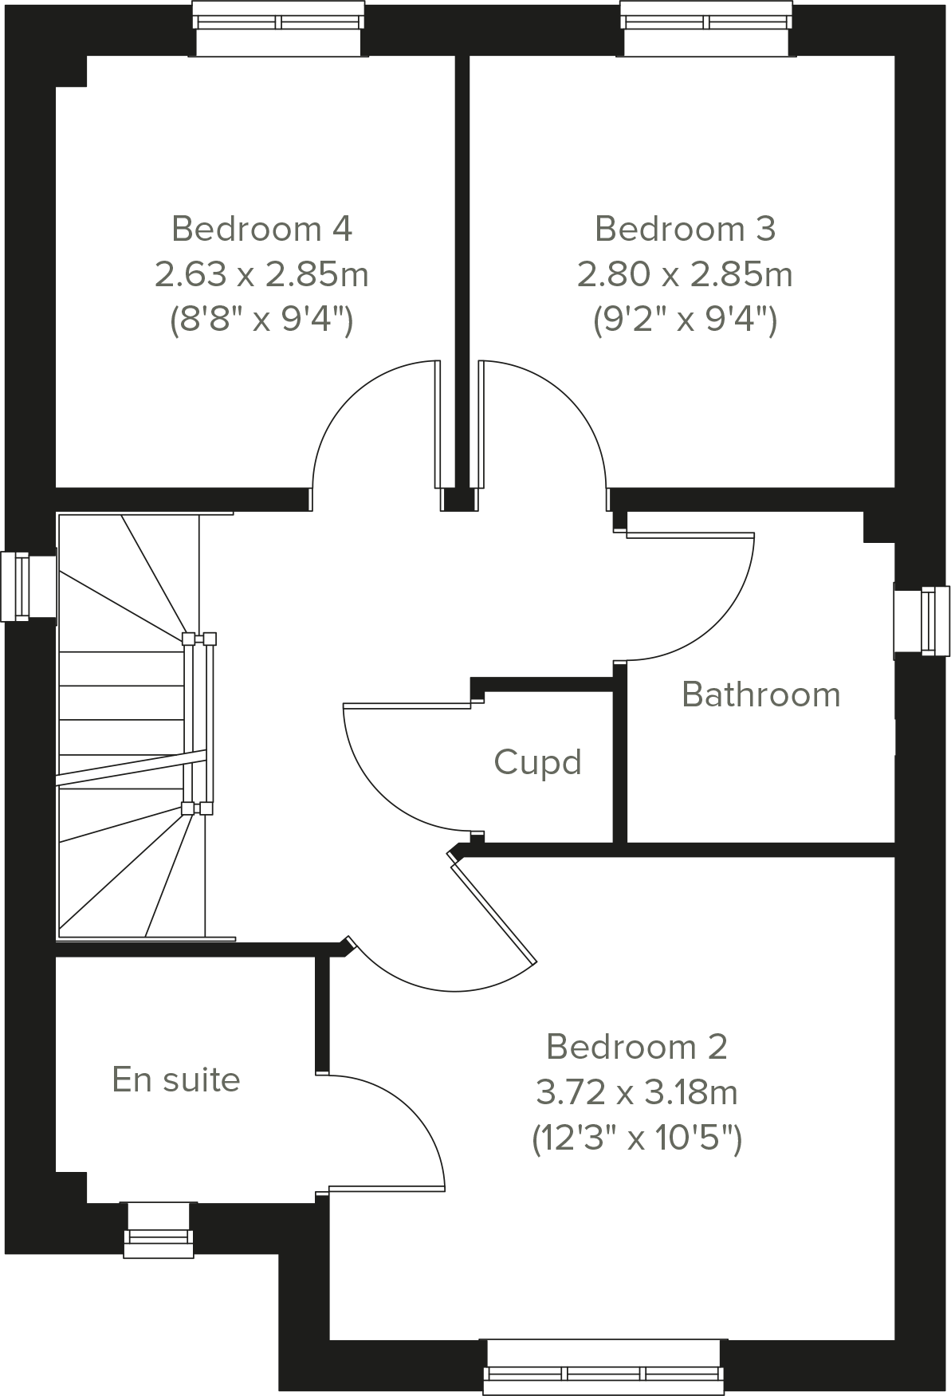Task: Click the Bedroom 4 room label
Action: coord(261,230)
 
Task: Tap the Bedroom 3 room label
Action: coord(685,230)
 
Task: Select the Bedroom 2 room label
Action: coord(636,1047)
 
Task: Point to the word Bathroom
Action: coord(761,694)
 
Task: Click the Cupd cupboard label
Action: coord(537,762)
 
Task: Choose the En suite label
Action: coord(176,1079)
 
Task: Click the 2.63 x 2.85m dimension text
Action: coord(261,275)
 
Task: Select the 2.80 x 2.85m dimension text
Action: coord(685,275)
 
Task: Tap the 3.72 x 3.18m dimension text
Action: coord(636,1092)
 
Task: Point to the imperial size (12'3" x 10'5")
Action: coord(636,1138)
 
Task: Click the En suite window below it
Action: coord(159,1230)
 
